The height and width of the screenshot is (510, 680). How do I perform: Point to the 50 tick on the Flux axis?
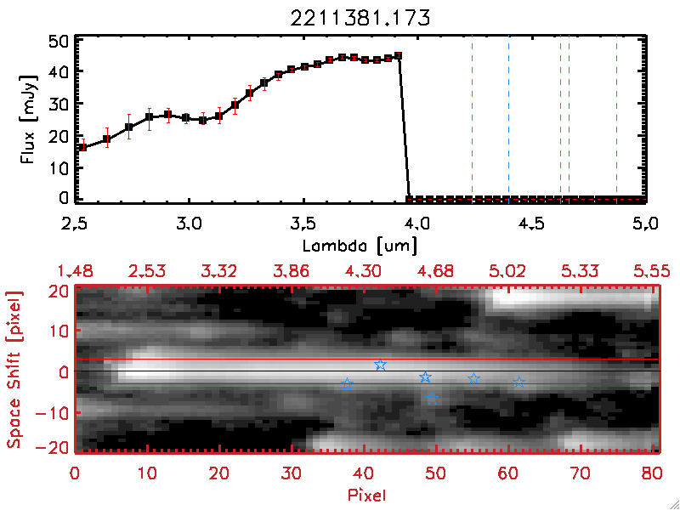59,41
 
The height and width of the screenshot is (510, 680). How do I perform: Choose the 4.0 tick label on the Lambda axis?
417,226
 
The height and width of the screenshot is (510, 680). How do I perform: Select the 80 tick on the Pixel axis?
652,473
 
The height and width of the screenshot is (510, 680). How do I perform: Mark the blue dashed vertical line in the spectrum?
508,119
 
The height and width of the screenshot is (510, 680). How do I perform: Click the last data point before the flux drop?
399,56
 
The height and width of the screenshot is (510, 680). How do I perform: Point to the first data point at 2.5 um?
82,147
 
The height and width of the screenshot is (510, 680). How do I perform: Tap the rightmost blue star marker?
519,382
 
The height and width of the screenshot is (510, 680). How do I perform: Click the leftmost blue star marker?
347,384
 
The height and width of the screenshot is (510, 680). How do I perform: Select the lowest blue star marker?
432,397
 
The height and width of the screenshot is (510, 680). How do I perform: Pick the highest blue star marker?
380,365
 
